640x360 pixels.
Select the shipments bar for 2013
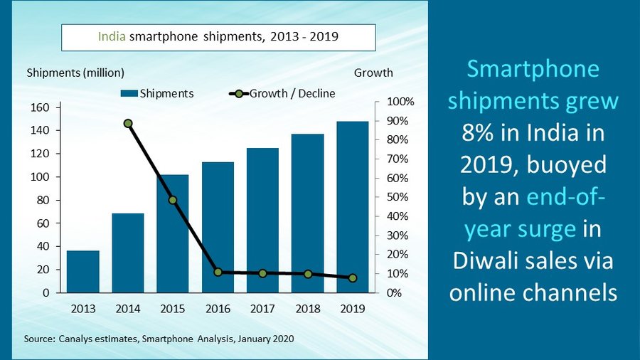point(83,272)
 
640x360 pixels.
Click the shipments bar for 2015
point(173,233)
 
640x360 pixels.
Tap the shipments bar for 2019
point(353,207)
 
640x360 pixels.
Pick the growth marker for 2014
point(128,123)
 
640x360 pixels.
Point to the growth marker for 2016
point(218,272)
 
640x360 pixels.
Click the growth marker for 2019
point(353,277)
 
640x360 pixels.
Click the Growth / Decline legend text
point(292,93)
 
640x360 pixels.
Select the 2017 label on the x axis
point(262,309)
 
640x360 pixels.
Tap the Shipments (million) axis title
point(75,73)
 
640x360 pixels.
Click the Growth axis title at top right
point(373,73)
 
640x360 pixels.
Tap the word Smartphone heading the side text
point(533,70)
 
